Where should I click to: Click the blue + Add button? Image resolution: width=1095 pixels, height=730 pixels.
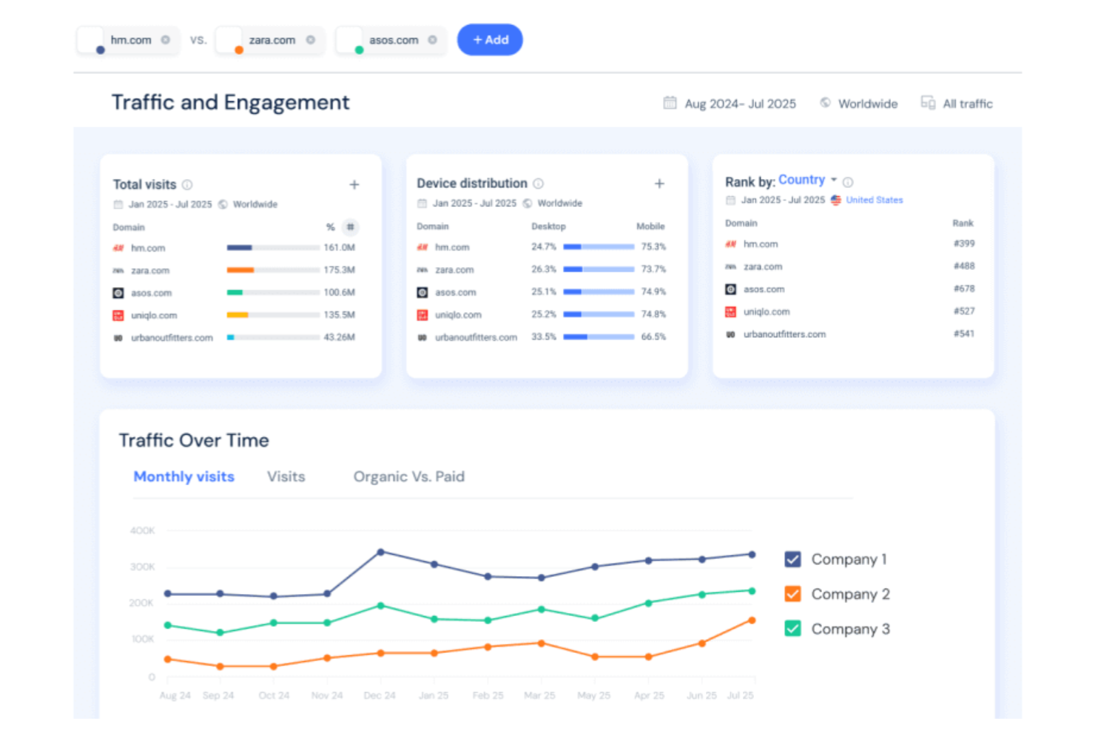[x=490, y=40]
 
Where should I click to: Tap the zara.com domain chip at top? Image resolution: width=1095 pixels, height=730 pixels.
[x=272, y=41]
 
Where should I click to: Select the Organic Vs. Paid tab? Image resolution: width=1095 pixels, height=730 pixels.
[x=408, y=477]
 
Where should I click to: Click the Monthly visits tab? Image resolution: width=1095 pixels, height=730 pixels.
[x=183, y=477]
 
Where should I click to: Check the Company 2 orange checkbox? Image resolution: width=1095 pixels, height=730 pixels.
[x=792, y=594]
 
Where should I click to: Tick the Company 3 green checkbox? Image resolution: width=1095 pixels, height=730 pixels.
[x=792, y=629]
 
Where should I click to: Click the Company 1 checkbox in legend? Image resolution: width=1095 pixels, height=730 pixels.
[x=792, y=559]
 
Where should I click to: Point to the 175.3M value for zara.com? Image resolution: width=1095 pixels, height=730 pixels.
[x=339, y=270]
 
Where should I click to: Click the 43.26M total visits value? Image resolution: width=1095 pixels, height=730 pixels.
[x=339, y=337]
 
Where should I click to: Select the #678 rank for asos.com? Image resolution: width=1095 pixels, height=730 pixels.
[x=963, y=289]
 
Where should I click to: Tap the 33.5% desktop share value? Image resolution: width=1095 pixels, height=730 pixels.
[x=543, y=337]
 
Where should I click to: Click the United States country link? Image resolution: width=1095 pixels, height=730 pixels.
[x=874, y=200]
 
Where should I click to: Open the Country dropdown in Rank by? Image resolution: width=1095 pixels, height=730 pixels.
[x=807, y=180]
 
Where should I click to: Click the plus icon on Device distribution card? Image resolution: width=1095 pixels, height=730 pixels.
[x=659, y=183]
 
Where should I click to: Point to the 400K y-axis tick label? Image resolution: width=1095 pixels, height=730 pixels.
[x=142, y=531]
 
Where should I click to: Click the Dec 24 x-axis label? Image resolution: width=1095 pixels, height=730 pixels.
[x=380, y=696]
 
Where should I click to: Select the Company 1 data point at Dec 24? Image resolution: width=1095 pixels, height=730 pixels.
[x=381, y=552]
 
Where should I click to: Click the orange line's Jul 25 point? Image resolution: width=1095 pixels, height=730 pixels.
[x=752, y=621]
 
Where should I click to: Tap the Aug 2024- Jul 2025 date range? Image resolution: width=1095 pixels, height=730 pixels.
[x=740, y=104]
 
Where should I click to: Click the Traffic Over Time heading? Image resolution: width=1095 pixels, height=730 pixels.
[x=194, y=441]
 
